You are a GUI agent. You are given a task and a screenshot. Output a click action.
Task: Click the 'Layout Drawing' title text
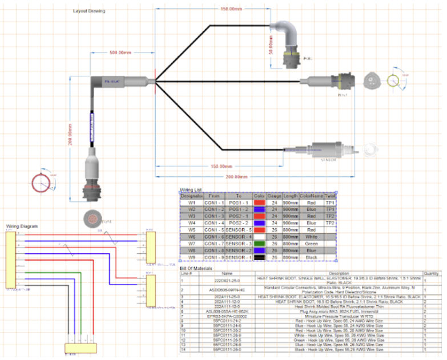(x=90, y=11)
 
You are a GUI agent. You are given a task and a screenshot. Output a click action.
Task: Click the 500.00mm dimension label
(x=121, y=52)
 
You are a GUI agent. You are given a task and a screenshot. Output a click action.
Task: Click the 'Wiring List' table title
(x=191, y=189)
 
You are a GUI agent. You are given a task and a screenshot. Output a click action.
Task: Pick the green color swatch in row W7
(x=259, y=244)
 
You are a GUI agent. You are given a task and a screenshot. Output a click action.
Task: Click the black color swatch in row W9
(x=259, y=257)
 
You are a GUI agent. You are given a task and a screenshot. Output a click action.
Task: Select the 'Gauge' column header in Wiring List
(x=275, y=195)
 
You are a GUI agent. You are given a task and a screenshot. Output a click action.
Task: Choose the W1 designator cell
(x=192, y=202)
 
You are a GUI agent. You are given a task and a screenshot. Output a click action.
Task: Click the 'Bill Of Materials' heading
(x=196, y=268)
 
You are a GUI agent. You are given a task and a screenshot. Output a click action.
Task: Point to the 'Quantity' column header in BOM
(x=431, y=273)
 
